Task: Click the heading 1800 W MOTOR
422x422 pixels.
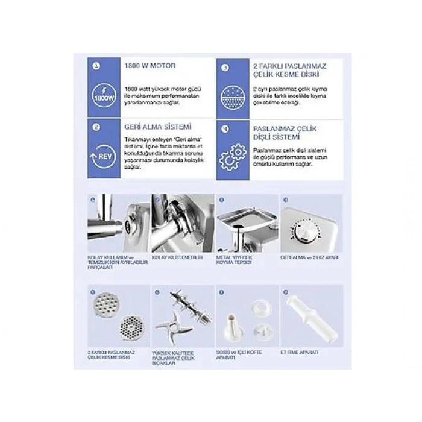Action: pos(142,65)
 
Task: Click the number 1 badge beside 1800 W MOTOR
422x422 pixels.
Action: pos(96,66)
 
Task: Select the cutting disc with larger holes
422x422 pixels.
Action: pos(106,304)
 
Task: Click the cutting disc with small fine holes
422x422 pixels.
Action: pos(131,328)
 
